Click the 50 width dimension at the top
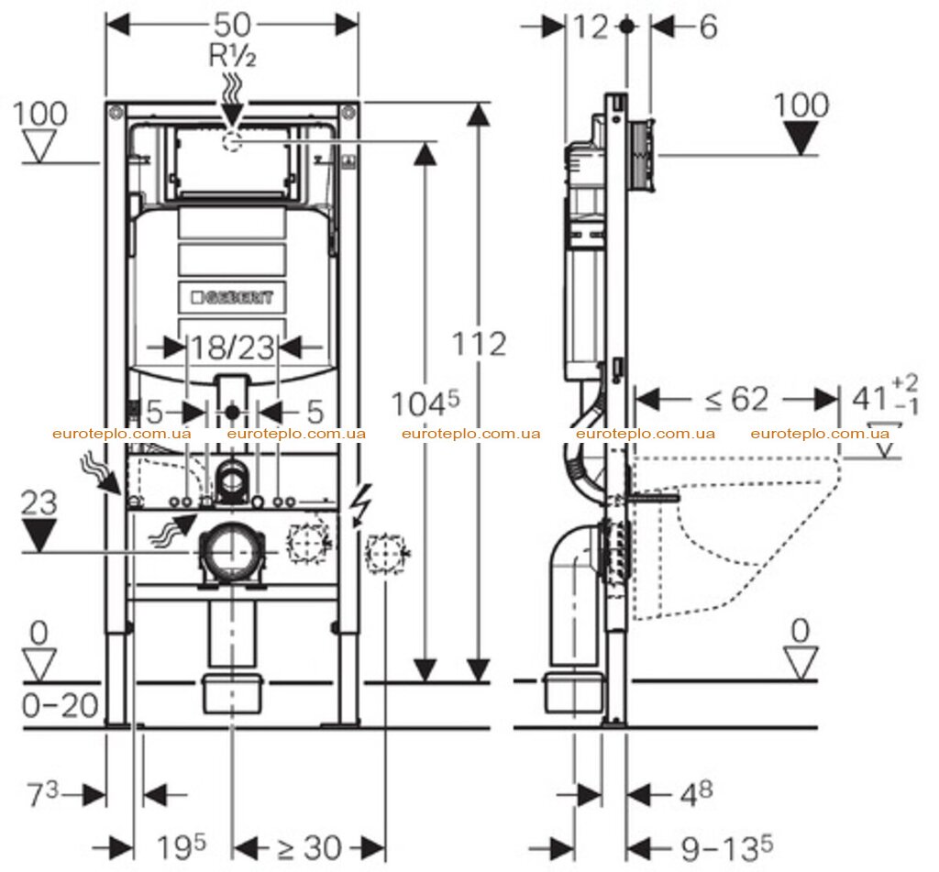tap(232, 24)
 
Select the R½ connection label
tap(232, 56)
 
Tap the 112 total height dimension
tap(479, 344)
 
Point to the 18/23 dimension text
tap(232, 348)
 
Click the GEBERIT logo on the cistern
tap(232, 298)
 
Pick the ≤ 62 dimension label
tap(736, 399)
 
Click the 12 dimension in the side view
tap(591, 27)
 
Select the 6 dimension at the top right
tap(708, 27)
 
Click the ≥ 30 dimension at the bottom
tap(309, 847)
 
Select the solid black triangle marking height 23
tap(39, 535)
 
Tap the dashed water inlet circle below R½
tap(232, 142)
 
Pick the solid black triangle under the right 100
tap(801, 138)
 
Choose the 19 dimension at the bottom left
tap(181, 847)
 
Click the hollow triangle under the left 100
tap(39, 146)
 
